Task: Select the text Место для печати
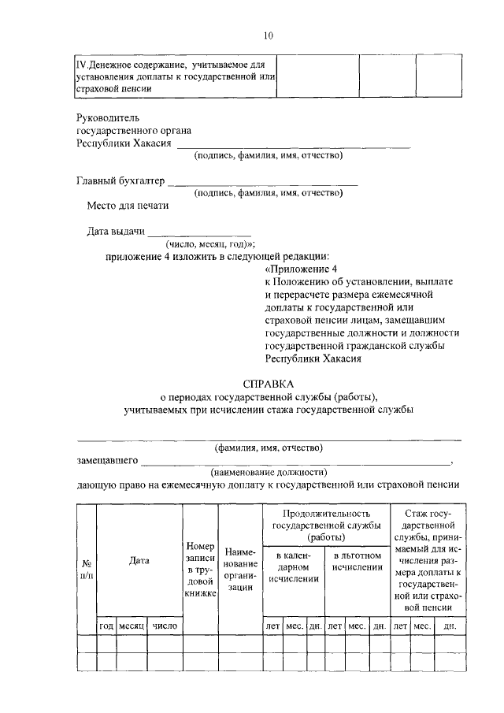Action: (x=128, y=206)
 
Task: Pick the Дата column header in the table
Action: (x=139, y=561)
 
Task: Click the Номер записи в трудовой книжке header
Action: (x=200, y=569)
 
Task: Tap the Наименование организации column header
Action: (x=240, y=570)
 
